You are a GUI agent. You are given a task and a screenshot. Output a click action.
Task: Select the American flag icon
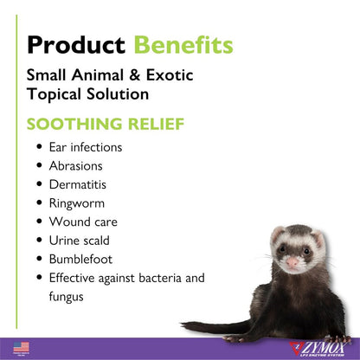click(22, 347)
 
